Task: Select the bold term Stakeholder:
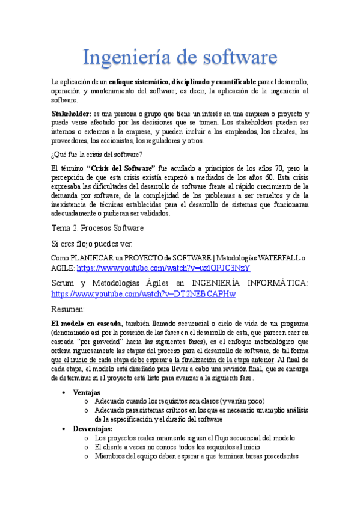click(x=71, y=114)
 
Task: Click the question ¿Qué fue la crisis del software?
click(x=97, y=154)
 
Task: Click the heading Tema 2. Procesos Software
click(x=97, y=228)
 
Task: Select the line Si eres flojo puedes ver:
click(x=92, y=244)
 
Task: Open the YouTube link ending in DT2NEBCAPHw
click(x=144, y=294)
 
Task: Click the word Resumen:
click(x=68, y=309)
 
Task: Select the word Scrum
click(x=64, y=283)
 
